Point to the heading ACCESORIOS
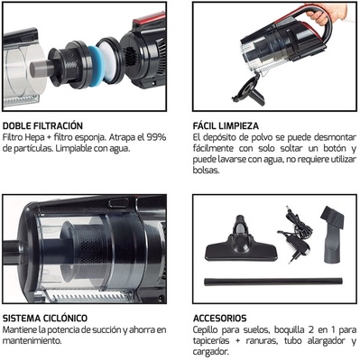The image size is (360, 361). [x=219, y=318]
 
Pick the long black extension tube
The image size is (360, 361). [x=270, y=282]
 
